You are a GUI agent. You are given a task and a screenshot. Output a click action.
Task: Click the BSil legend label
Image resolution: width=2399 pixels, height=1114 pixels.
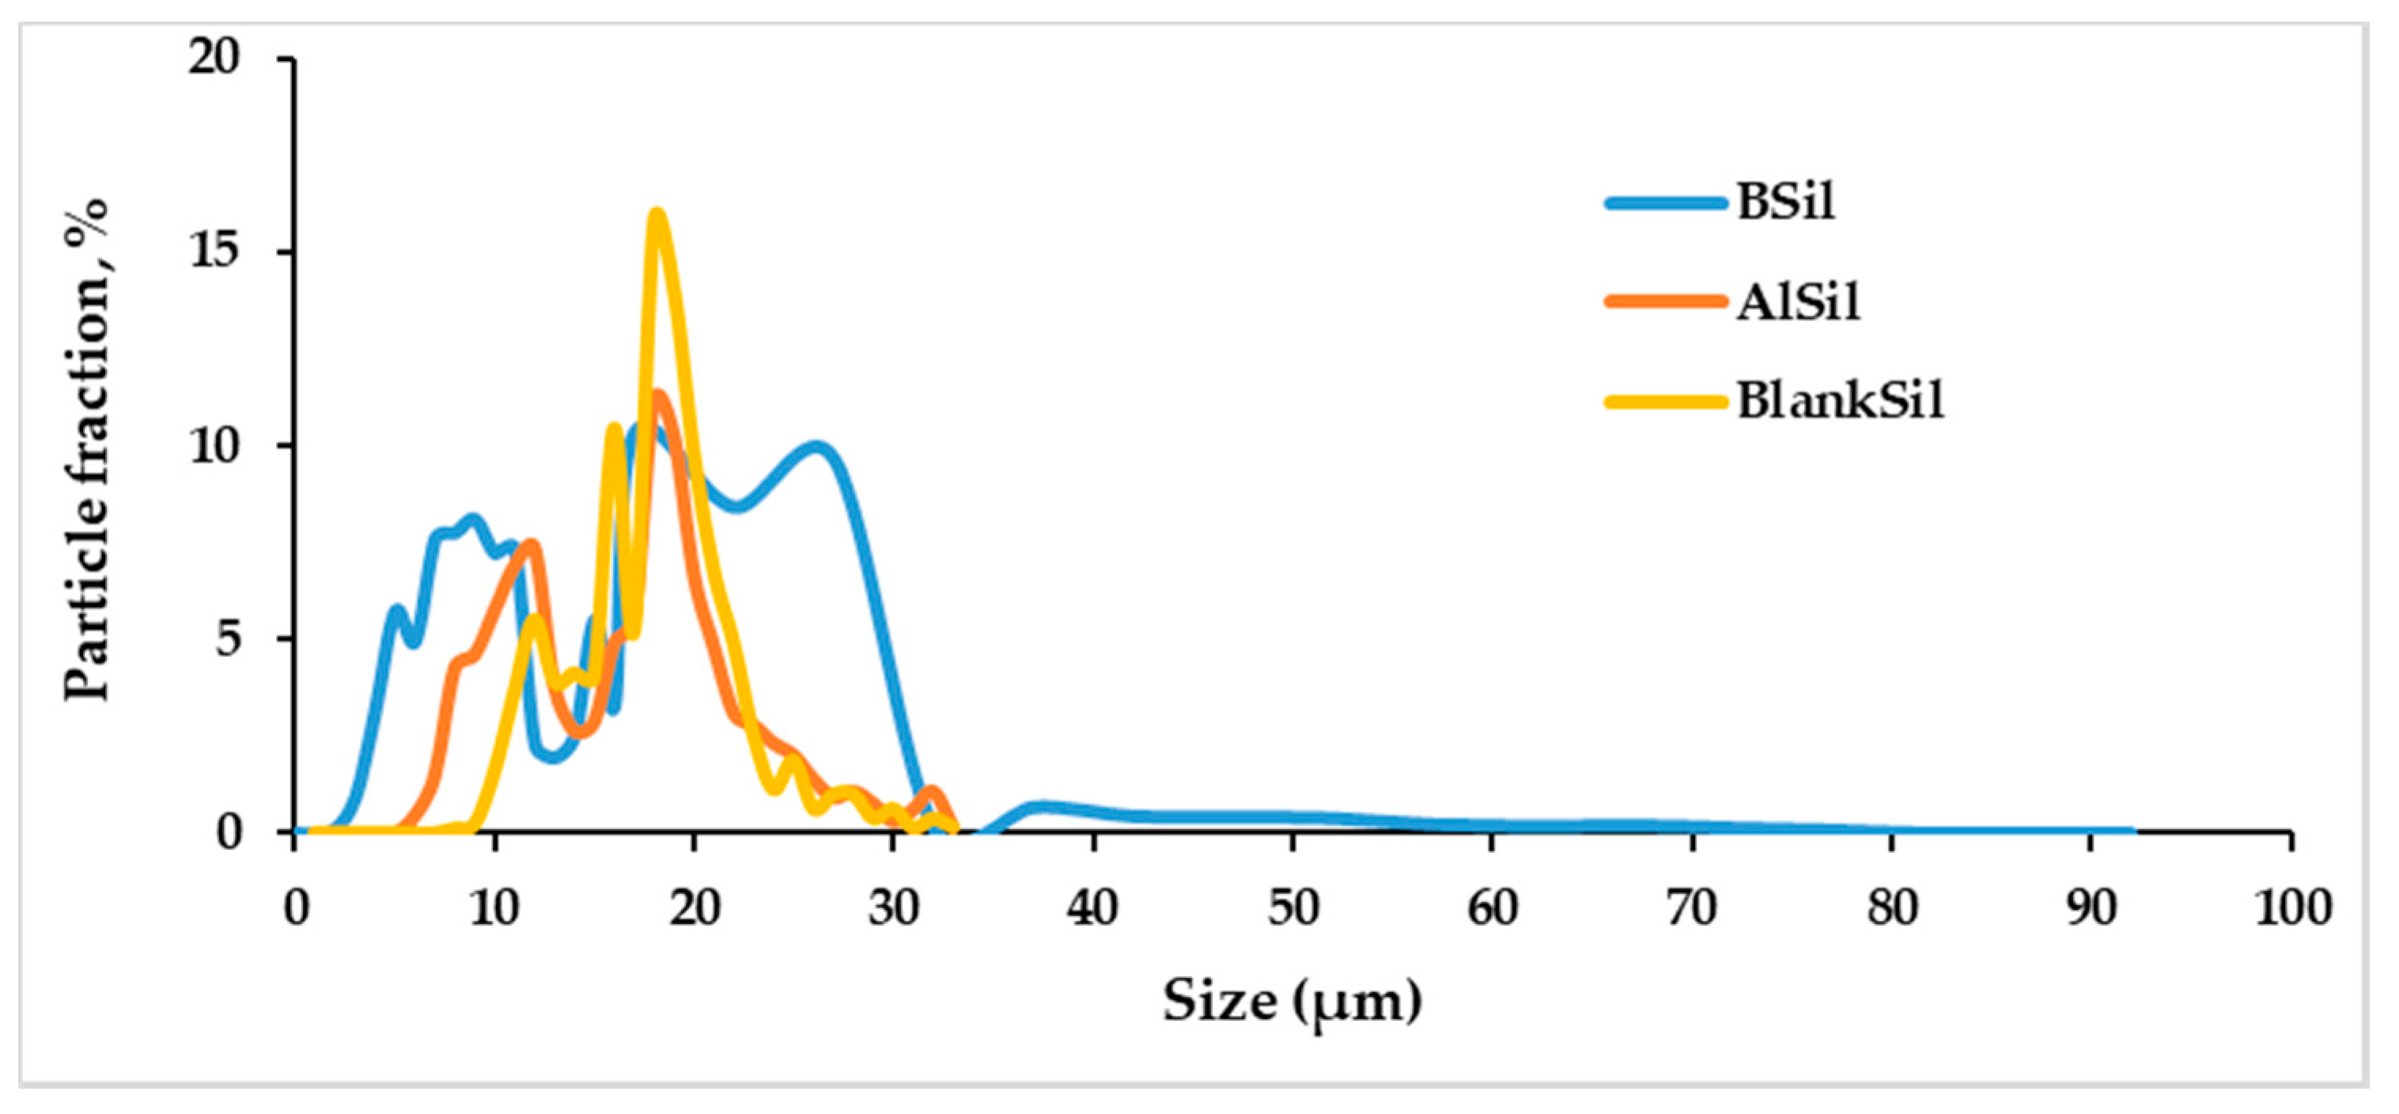(1784, 201)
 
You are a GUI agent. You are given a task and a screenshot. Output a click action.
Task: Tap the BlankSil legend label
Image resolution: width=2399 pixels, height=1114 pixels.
(1841, 401)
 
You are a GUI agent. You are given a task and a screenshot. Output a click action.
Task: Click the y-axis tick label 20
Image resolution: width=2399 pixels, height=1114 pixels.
(214, 58)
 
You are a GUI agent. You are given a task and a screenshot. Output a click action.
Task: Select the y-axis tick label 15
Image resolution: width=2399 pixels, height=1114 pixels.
(214, 251)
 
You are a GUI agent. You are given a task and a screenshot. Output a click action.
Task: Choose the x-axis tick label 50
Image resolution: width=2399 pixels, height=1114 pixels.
(1292, 907)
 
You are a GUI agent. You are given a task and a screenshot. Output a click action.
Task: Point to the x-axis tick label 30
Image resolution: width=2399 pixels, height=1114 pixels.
(894, 907)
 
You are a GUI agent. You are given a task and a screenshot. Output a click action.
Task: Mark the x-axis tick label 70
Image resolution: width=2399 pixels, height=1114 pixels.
(1691, 907)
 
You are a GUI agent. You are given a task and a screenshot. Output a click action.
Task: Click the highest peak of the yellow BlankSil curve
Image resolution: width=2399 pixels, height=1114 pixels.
(657, 216)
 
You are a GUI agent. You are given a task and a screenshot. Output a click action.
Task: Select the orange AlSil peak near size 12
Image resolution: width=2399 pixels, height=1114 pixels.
(534, 545)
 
